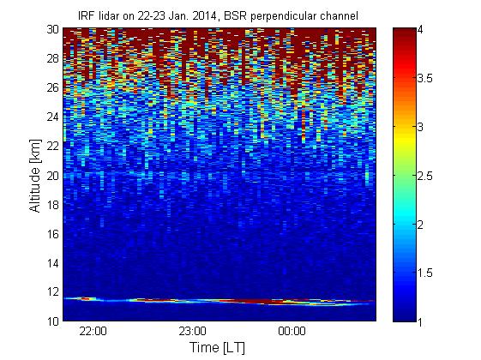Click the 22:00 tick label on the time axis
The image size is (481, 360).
tap(93, 332)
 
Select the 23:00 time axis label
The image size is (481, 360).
tap(192, 332)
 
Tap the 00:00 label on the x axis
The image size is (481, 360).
tap(292, 332)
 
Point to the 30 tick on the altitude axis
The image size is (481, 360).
tap(53, 29)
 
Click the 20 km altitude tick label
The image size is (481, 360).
tap(53, 176)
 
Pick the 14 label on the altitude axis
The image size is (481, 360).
tap(53, 263)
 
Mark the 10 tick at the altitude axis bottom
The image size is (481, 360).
tap(53, 321)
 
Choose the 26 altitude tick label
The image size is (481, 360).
tap(53, 87)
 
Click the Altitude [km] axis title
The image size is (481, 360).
tap(35, 176)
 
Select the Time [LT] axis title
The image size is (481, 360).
tap(217, 347)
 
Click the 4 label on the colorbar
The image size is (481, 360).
tap(420, 30)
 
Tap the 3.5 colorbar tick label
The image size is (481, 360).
tap(425, 79)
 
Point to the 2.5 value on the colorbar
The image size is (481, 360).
tap(425, 176)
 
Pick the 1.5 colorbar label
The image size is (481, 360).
tap(425, 273)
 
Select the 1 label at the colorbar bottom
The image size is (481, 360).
tap(420, 321)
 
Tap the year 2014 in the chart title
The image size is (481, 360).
tap(204, 16)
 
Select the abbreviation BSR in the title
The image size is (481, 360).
tap(235, 16)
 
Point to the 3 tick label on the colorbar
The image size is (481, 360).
tap(420, 127)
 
